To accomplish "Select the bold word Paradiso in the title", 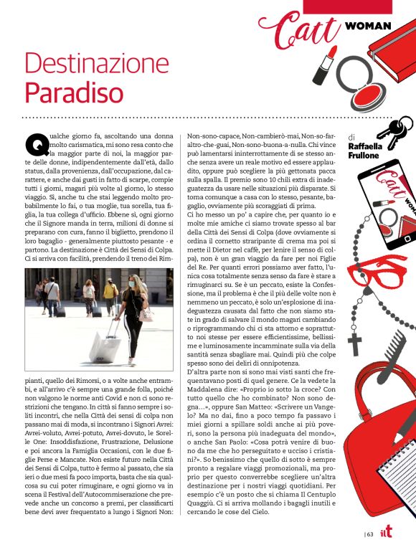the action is pyautogui.click(x=73, y=92).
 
